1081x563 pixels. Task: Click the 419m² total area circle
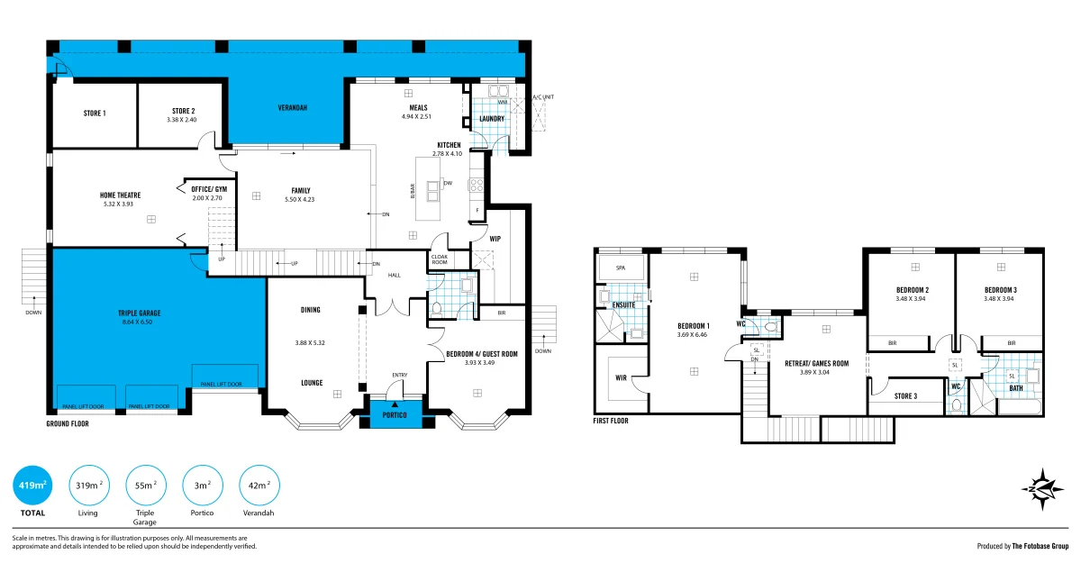point(32,485)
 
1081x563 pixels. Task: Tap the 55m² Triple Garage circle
point(146,485)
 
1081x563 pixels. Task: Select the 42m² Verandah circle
point(259,485)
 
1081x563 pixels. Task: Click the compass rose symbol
point(1042,489)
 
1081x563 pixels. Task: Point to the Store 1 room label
point(95,114)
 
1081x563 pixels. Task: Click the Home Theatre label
point(120,195)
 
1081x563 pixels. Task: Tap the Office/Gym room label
point(209,189)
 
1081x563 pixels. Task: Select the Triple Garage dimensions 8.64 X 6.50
point(138,322)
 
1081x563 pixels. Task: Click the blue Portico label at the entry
point(395,415)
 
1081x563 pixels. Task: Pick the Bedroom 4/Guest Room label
point(482,354)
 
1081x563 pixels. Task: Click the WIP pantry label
point(495,239)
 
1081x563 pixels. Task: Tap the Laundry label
point(492,119)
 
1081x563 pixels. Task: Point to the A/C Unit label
point(543,97)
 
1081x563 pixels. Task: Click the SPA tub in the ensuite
point(621,268)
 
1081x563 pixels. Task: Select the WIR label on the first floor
point(621,377)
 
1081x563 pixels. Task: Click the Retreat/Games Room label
point(816,363)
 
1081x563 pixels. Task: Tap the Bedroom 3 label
point(1001,290)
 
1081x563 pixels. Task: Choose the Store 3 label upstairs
point(905,396)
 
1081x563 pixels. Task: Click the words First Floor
point(611,421)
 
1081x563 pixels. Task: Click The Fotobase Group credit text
point(1040,546)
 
